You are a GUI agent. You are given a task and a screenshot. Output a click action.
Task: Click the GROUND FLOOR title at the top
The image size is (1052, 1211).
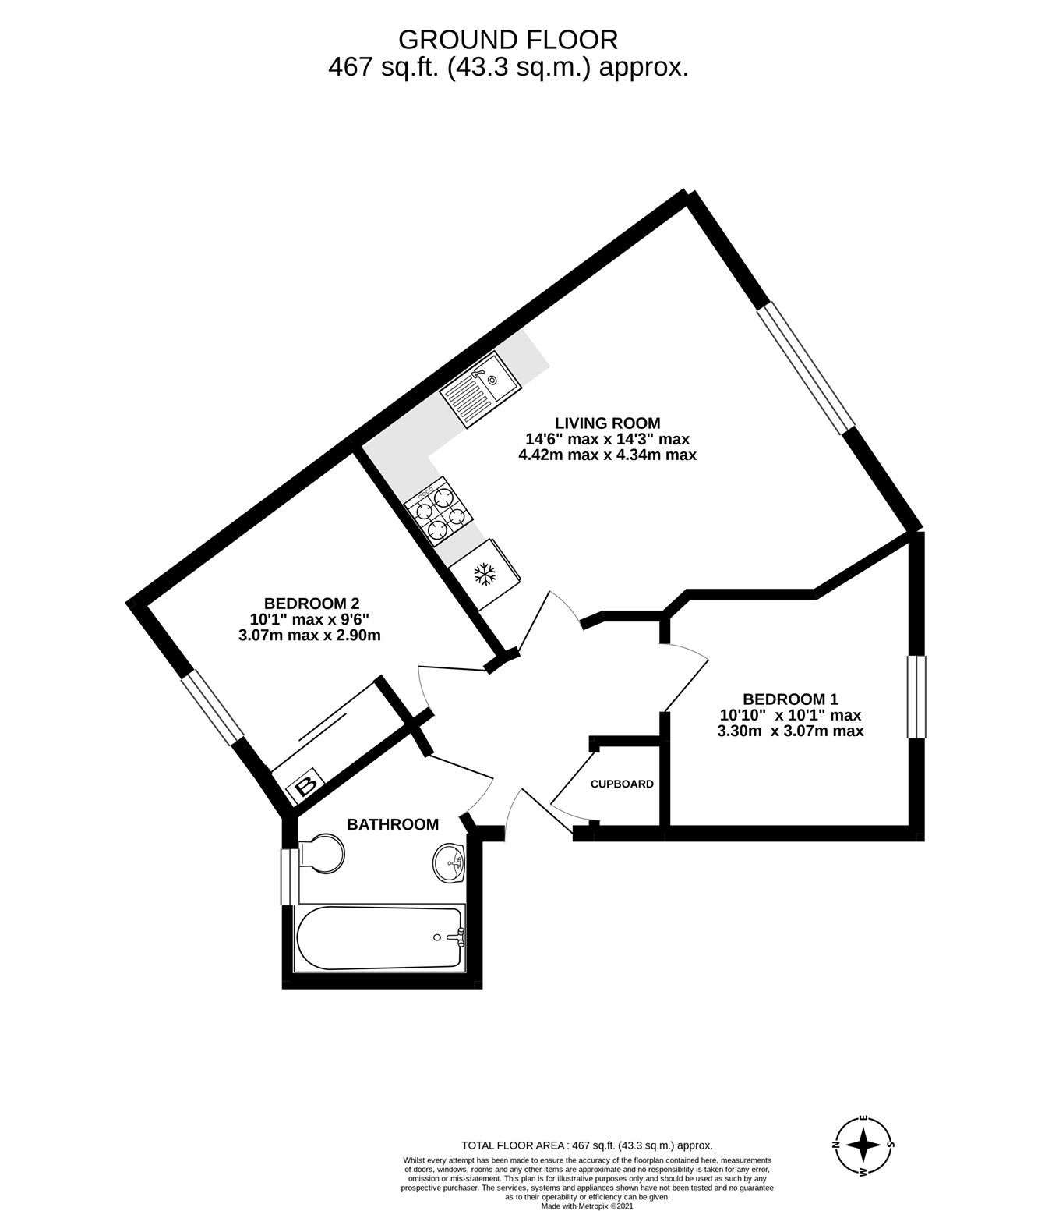pyautogui.click(x=507, y=38)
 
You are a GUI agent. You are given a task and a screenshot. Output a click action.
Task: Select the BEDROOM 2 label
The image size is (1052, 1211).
pyautogui.click(x=311, y=603)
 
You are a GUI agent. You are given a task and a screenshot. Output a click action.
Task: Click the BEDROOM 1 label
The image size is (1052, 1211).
pyautogui.click(x=790, y=699)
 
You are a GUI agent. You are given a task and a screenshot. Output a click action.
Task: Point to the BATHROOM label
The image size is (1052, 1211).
pyautogui.click(x=393, y=824)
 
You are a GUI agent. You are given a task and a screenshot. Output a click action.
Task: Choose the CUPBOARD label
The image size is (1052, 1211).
pyautogui.click(x=622, y=784)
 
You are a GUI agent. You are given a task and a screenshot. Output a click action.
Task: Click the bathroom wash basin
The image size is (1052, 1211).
pyautogui.click(x=450, y=863)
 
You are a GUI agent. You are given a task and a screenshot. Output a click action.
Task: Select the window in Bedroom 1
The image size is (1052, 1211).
pyautogui.click(x=916, y=696)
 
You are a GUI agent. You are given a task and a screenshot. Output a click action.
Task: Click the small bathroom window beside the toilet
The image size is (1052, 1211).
pyautogui.click(x=288, y=876)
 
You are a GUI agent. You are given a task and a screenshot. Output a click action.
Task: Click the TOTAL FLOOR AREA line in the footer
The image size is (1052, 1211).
pyautogui.click(x=587, y=1145)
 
